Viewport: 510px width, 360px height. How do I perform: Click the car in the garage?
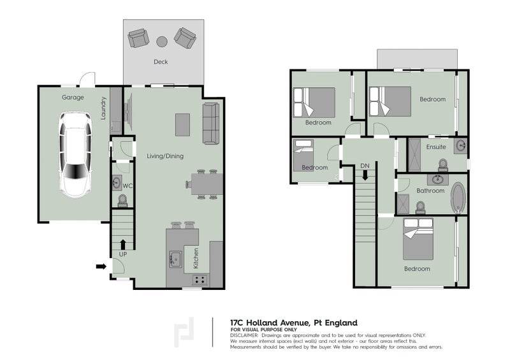pos(75,154)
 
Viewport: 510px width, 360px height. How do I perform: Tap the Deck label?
pos(161,62)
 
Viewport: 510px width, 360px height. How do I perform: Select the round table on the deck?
pos(162,41)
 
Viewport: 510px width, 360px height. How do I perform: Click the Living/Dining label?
pos(165,156)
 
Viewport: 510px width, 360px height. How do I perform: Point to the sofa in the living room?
pos(211,123)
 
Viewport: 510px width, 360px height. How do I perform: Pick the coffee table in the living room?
pos(182,124)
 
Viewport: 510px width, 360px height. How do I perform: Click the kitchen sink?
pos(175,259)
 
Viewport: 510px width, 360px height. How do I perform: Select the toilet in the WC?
pos(122,201)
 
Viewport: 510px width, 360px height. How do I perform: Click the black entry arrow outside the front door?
pos(101,266)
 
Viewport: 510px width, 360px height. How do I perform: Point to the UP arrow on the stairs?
pos(123,244)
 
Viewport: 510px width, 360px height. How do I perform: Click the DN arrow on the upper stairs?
pos(365,176)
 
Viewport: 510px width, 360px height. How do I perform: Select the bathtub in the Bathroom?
pos(458,198)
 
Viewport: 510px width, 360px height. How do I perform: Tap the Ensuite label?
pos(436,147)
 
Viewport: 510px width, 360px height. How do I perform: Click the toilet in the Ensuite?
pos(442,165)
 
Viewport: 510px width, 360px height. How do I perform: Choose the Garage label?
pos(73,97)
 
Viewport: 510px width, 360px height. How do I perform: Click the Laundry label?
pos(103,108)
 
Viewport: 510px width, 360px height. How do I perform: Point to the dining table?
pos(207,184)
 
